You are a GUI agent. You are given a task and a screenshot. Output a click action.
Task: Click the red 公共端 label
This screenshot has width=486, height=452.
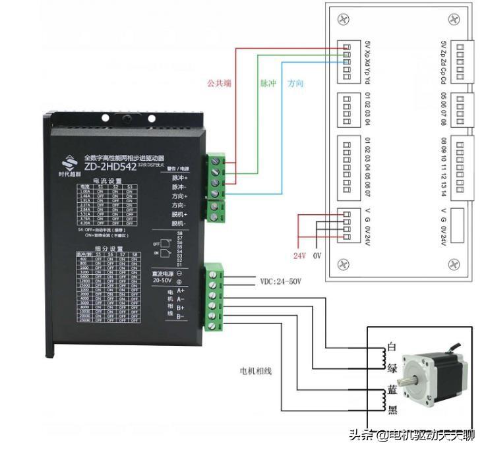(218, 84)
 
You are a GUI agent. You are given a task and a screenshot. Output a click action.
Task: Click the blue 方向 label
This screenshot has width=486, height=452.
(295, 84)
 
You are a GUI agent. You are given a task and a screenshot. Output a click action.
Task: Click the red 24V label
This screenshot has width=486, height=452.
(298, 254)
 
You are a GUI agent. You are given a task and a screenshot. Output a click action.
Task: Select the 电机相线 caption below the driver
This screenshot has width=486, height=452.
(255, 371)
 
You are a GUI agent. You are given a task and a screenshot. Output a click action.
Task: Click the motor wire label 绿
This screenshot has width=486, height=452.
(392, 368)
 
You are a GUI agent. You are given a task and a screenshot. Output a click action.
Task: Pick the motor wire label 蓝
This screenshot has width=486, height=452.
(392, 390)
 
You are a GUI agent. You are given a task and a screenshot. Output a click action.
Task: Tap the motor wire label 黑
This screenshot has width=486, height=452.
(392, 410)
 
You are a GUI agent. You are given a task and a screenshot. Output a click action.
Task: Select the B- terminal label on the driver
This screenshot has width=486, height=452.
(181, 318)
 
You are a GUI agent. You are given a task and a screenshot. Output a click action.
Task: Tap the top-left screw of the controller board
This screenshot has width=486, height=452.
(342, 20)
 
